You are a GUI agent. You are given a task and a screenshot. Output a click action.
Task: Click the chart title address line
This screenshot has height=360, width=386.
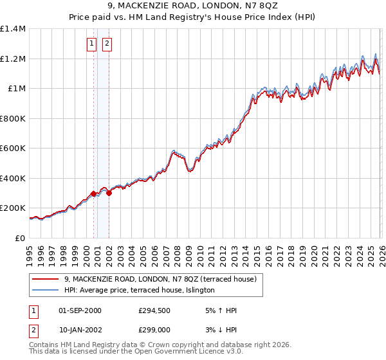[x=193, y=6]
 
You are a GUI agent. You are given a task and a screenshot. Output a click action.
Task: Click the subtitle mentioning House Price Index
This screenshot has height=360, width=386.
[x=193, y=17]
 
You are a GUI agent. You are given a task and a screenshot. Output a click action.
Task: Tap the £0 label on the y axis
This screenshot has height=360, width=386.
[x=20, y=239]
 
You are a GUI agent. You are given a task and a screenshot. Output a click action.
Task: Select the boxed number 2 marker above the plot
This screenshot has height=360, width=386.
[x=106, y=44]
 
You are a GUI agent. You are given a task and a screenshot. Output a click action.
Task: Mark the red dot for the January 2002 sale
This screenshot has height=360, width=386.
[x=109, y=193]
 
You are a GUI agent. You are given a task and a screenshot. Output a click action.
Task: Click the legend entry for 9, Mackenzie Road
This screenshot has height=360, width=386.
[x=160, y=279]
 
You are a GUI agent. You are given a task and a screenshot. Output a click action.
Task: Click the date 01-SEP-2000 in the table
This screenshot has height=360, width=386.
[x=80, y=310]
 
